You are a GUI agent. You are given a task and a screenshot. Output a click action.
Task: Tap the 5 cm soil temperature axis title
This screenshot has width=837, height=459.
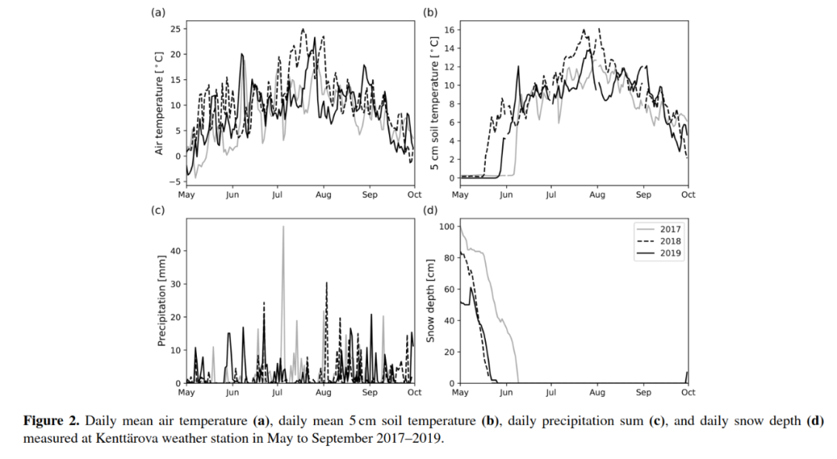coord(435,104)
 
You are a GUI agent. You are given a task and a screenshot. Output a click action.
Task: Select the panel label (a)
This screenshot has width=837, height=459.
coord(158,12)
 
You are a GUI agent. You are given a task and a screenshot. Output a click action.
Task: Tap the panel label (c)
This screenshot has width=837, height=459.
coord(158,210)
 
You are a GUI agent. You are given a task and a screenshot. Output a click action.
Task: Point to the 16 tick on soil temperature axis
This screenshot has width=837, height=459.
coord(449,29)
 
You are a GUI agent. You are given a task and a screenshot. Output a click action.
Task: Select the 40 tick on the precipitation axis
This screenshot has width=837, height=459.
coord(174,250)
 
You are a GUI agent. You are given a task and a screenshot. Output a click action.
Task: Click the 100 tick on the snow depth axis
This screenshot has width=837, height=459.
coord(446,226)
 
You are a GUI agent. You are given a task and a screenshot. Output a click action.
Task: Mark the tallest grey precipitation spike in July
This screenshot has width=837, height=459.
coord(283,226)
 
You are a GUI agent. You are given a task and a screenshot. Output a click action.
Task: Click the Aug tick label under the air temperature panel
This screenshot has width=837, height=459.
coord(323,195)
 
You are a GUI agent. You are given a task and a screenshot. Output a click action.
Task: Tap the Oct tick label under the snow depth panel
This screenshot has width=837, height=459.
coord(687,392)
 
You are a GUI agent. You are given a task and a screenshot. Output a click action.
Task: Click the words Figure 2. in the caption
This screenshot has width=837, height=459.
coord(50,421)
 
